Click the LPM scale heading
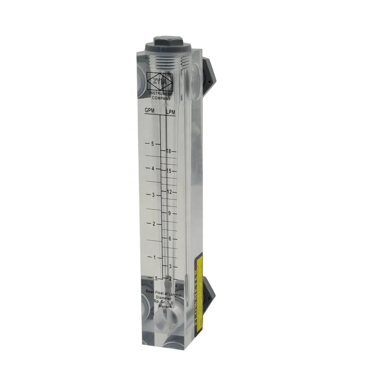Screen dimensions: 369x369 170,111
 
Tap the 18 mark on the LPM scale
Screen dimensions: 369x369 169,151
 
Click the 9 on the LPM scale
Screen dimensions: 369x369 169,213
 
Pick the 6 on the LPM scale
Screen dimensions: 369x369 170,239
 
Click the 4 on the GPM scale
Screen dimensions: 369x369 152,169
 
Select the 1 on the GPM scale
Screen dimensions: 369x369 155,257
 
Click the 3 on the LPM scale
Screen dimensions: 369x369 170,266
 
